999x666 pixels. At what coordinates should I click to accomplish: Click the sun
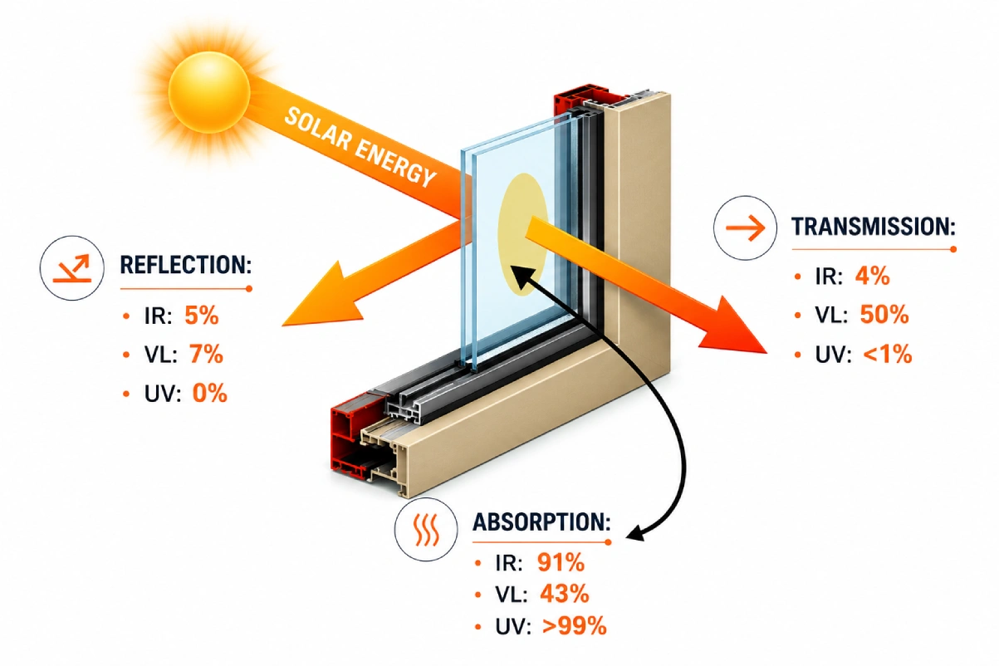click(x=209, y=92)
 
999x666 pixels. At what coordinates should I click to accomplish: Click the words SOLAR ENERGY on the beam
click(x=360, y=147)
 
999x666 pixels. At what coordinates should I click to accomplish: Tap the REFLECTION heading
click(x=186, y=265)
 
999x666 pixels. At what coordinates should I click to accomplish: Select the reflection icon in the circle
click(x=71, y=268)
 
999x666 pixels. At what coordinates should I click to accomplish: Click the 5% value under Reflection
click(x=202, y=316)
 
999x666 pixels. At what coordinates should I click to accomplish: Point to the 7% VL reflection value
click(x=206, y=355)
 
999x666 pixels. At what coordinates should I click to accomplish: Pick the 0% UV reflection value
click(x=209, y=394)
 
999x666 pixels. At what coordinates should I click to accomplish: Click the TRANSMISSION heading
click(x=874, y=226)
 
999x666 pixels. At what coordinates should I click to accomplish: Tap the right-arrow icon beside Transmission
click(x=745, y=228)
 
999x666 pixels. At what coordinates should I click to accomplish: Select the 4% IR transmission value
click(x=872, y=277)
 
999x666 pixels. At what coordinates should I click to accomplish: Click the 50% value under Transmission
click(x=884, y=315)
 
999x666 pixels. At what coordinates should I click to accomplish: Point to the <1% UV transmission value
click(x=888, y=355)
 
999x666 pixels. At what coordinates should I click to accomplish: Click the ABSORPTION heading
click(x=542, y=522)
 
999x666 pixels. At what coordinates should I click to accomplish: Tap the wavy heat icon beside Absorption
click(x=426, y=530)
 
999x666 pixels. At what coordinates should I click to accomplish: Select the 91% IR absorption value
click(x=561, y=562)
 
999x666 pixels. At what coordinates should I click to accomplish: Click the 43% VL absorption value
click(x=565, y=594)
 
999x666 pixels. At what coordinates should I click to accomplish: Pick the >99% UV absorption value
click(x=575, y=626)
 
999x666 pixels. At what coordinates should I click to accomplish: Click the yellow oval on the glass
click(x=522, y=235)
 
